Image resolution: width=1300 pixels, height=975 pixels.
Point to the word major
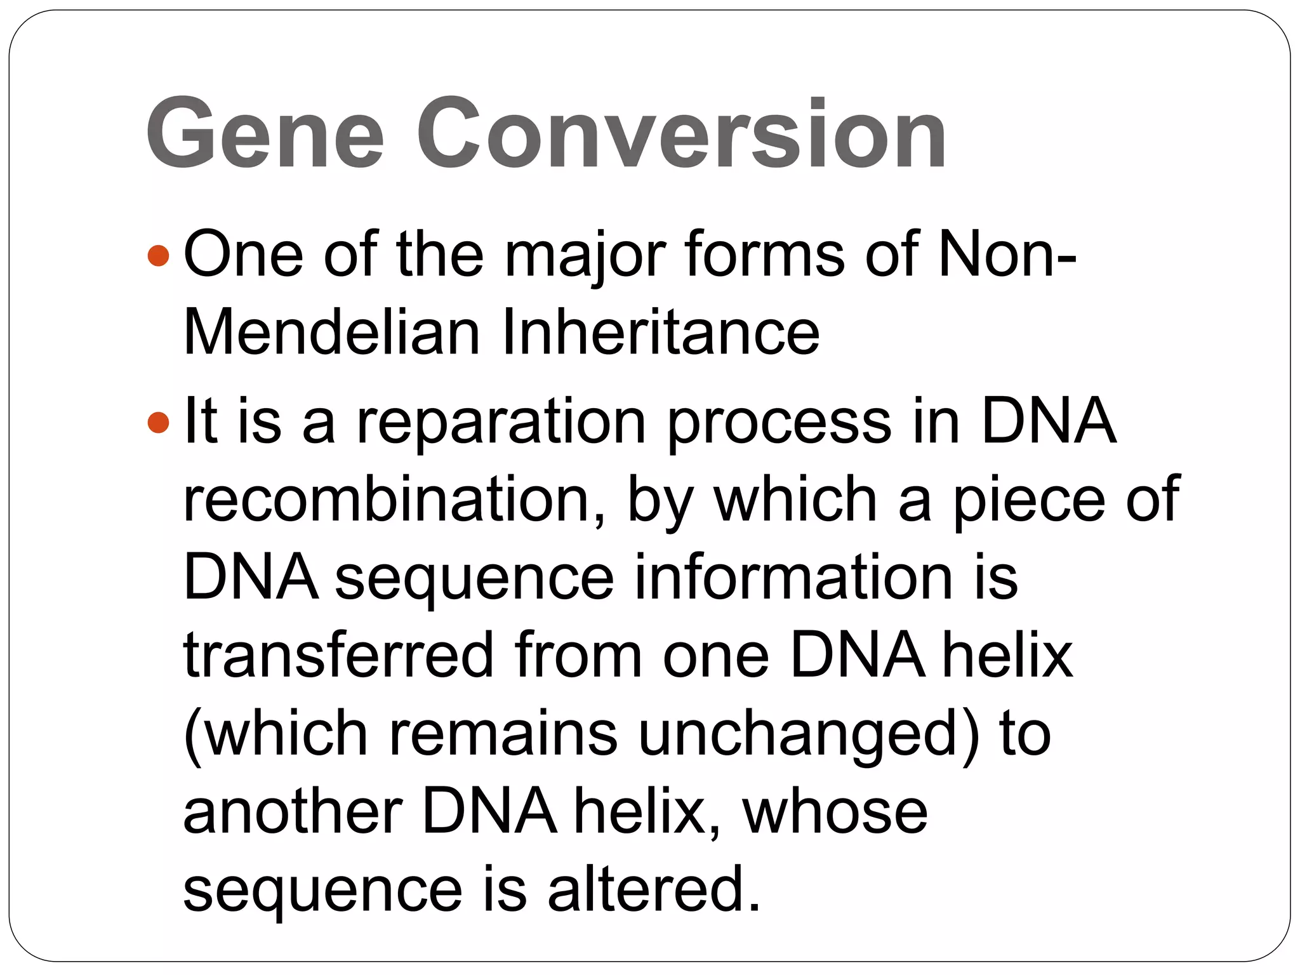click(585, 255)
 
